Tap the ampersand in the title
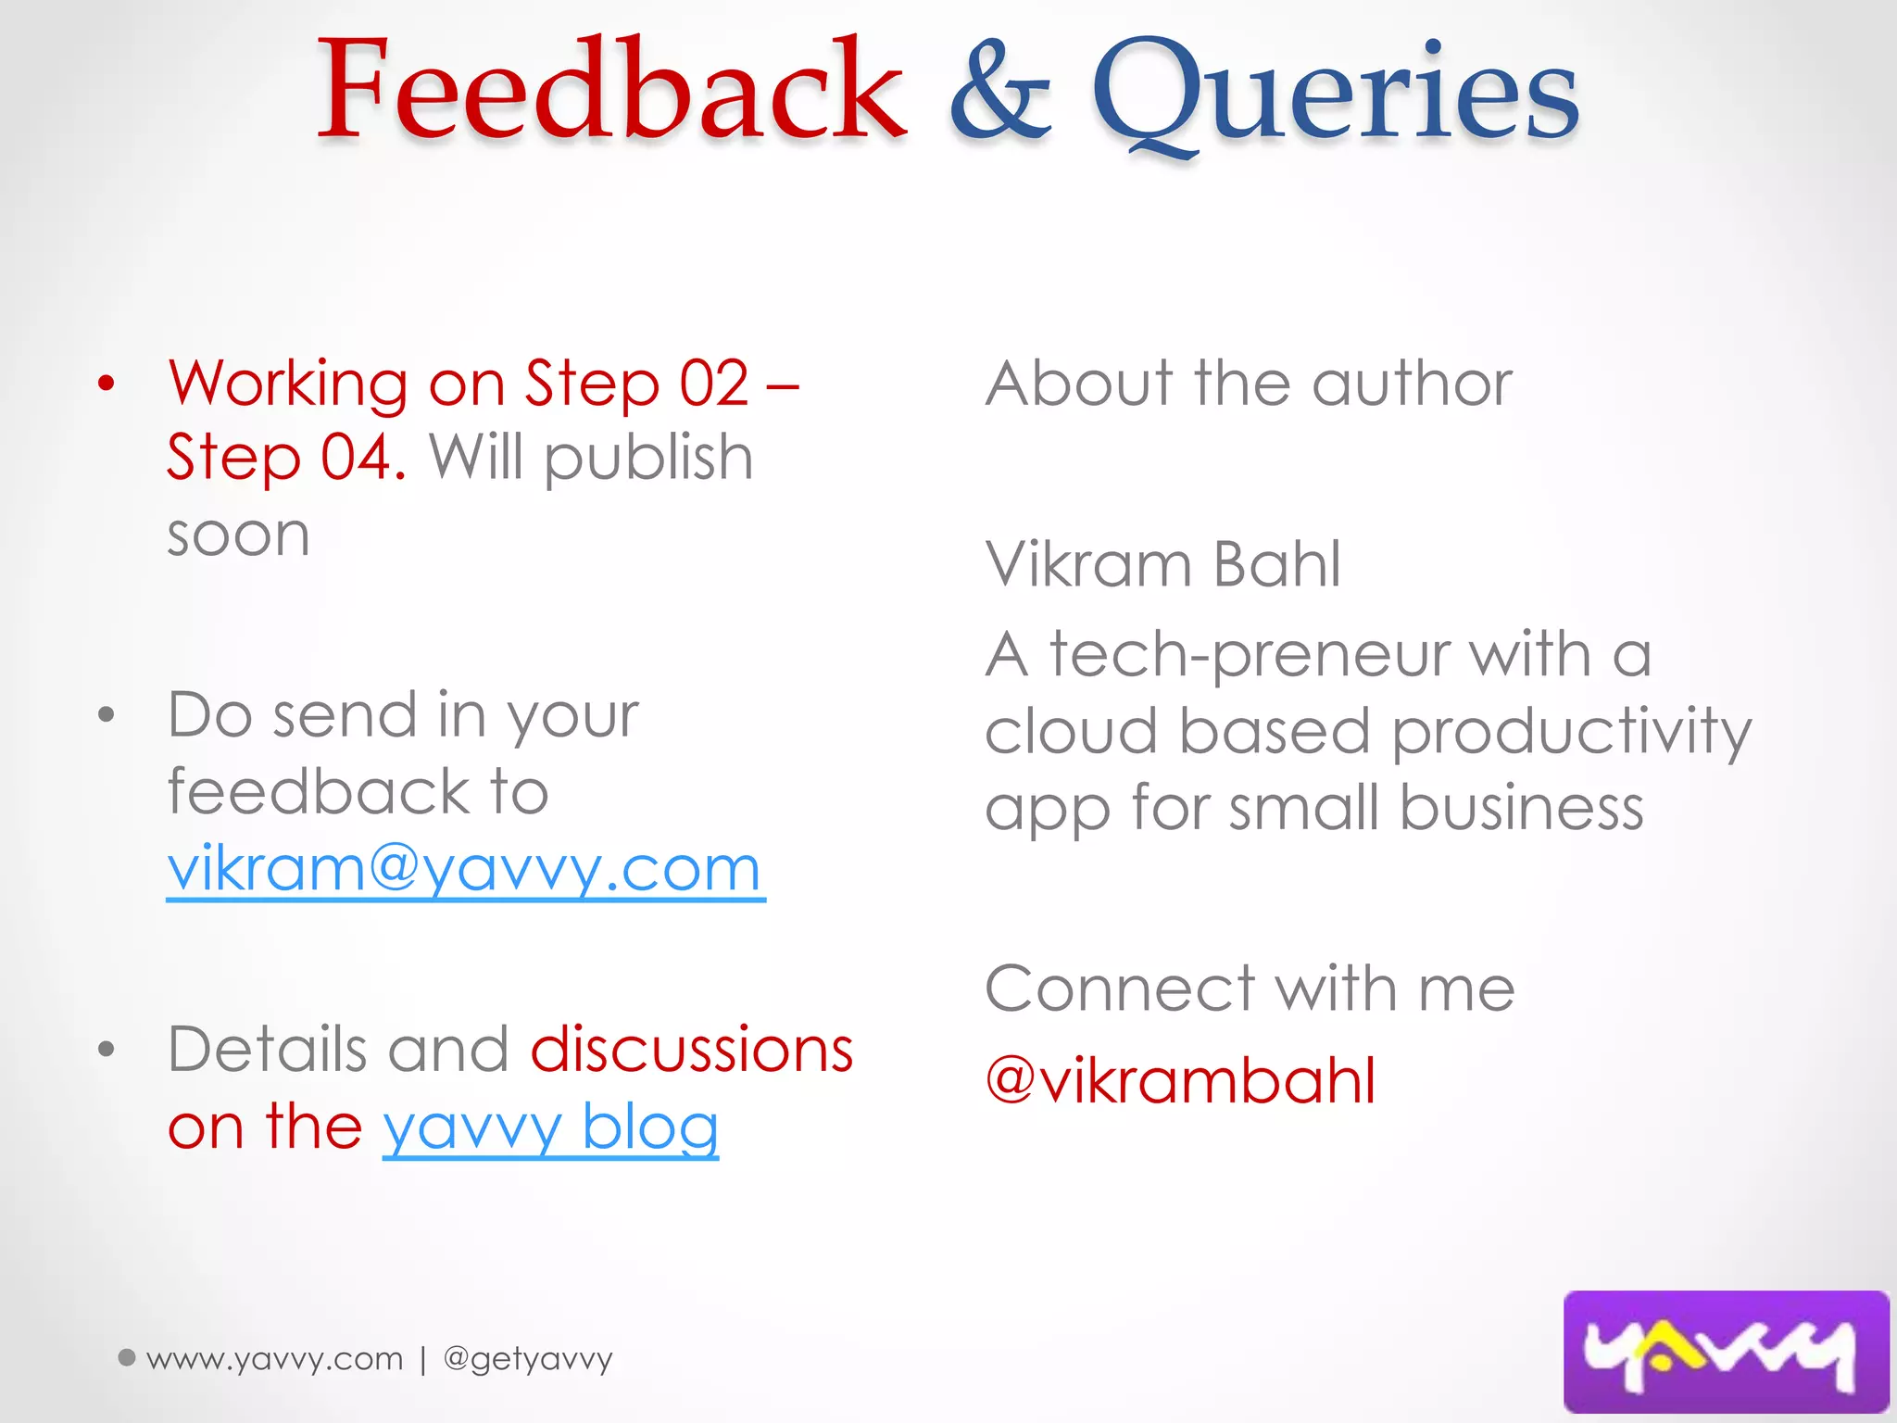1000,93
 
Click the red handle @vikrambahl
1180,1081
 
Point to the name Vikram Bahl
1162,564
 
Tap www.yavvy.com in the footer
275,1359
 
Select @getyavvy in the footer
528,1359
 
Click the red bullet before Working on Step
107,384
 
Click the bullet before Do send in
107,714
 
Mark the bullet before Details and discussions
107,1049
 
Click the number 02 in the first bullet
714,384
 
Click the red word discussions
691,1050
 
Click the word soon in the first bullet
238,535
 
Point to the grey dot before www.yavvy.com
128,1357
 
